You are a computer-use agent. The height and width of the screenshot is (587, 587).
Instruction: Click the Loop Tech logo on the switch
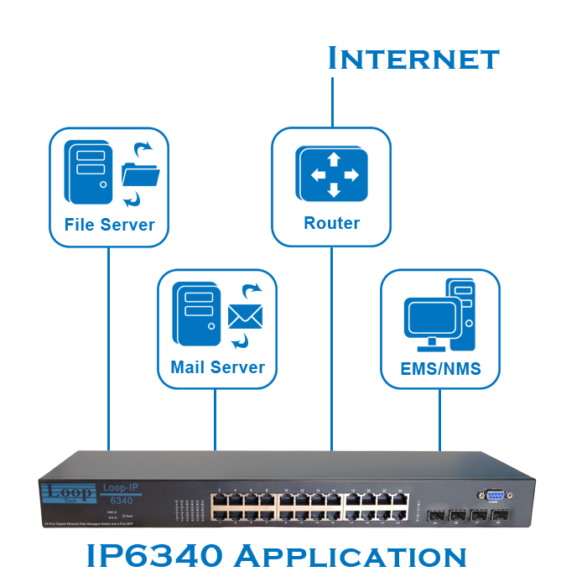point(66,496)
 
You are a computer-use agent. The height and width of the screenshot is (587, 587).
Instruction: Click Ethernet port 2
point(219,500)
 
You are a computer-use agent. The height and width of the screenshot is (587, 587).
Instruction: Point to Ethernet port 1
point(219,513)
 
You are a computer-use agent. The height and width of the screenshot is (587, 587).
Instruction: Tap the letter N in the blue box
point(449,367)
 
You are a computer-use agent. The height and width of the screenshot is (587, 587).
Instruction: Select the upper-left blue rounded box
point(110,187)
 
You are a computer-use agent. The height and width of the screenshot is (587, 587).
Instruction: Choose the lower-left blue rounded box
point(217,329)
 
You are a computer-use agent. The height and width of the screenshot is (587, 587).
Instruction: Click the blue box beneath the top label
point(331,187)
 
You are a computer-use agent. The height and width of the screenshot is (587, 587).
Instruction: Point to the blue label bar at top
point(413,57)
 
